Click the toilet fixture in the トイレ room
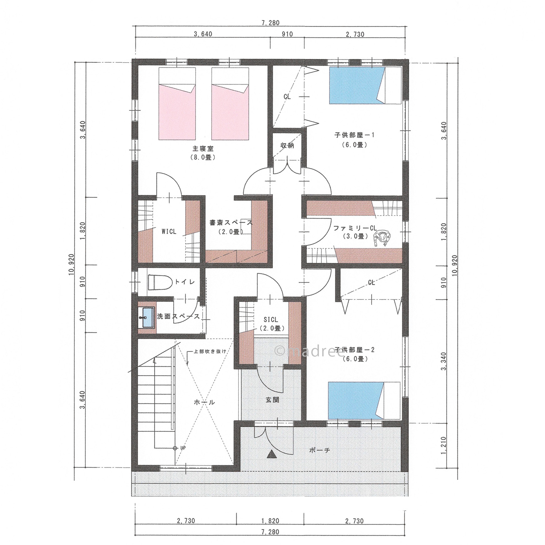tap(159, 283)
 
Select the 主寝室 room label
tap(203, 149)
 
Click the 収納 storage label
tap(287, 145)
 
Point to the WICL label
tap(169, 232)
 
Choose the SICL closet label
tap(271, 320)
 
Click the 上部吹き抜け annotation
tap(210, 351)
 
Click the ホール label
tap(204, 402)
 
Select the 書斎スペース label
tap(231, 222)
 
